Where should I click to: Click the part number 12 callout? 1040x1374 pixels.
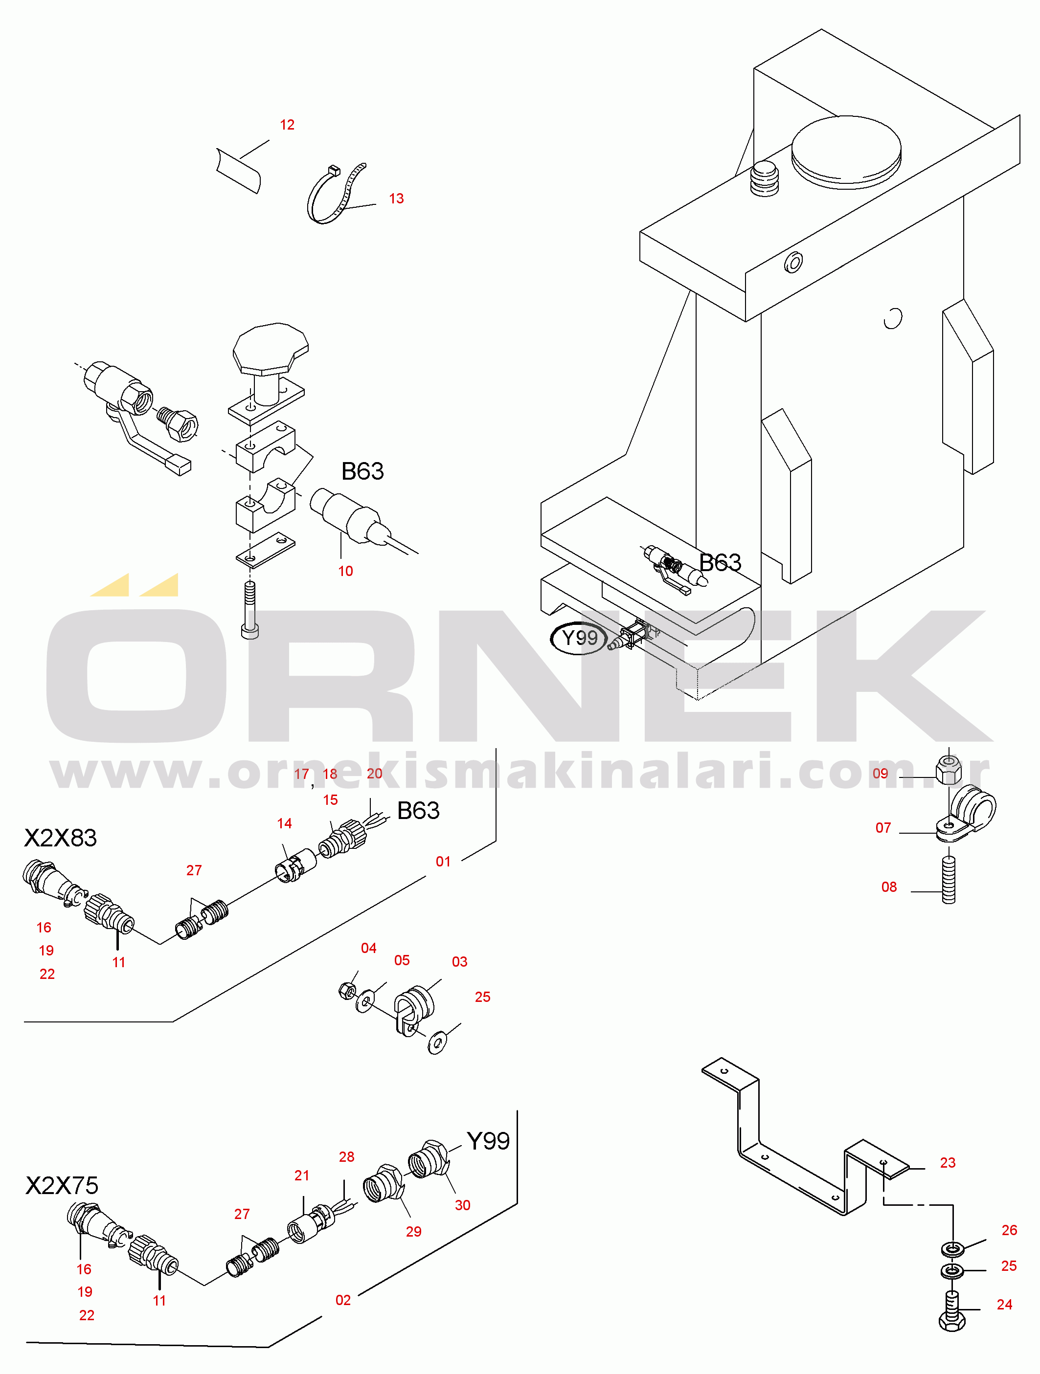click(287, 125)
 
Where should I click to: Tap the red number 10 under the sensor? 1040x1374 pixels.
click(345, 571)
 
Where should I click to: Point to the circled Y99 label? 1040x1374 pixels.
click(579, 638)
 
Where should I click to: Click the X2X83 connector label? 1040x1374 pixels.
click(60, 838)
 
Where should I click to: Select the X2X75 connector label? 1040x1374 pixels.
click(62, 1185)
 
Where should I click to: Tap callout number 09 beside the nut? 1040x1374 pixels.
click(881, 774)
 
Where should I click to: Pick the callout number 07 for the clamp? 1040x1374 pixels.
click(883, 827)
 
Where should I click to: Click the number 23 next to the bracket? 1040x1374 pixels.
click(948, 1162)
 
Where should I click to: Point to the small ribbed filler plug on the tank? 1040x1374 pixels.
click(765, 179)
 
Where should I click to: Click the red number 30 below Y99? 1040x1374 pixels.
click(462, 1205)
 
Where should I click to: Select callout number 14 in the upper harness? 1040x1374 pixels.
click(284, 823)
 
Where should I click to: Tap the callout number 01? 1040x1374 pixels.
click(443, 862)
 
